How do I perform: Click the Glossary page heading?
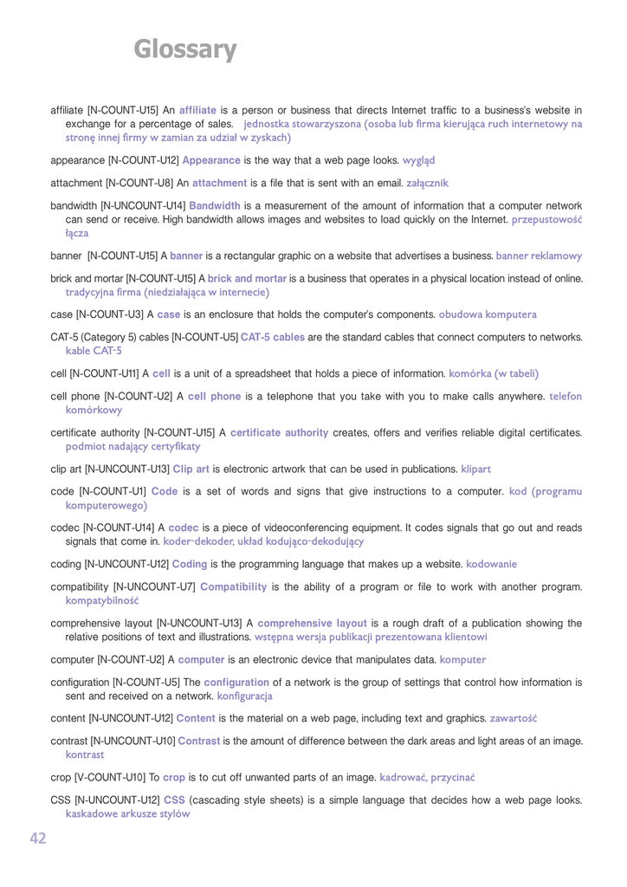(184, 49)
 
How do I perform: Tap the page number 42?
(38, 838)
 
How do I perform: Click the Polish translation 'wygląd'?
(418, 160)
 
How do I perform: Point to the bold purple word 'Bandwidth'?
(215, 205)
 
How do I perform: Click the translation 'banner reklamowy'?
(539, 256)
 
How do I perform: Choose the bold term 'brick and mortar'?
(247, 278)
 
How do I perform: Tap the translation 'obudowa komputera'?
(488, 314)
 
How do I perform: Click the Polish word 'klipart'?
(475, 469)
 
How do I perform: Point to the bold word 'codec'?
(183, 528)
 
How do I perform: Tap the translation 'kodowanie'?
(492, 564)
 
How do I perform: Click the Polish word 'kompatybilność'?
(102, 599)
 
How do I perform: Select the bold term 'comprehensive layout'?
(312, 623)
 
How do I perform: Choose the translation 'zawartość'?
(514, 718)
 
